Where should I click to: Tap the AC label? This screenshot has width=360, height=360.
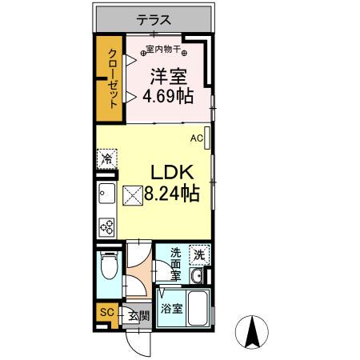196,138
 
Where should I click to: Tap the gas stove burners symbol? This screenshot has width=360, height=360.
106,226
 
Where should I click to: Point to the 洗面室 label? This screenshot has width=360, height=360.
176,263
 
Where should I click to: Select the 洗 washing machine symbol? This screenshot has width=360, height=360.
197,255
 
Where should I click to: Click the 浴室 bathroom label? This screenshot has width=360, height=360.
169,308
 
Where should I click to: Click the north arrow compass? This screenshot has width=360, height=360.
254,330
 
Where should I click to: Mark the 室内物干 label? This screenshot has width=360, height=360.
165,50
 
